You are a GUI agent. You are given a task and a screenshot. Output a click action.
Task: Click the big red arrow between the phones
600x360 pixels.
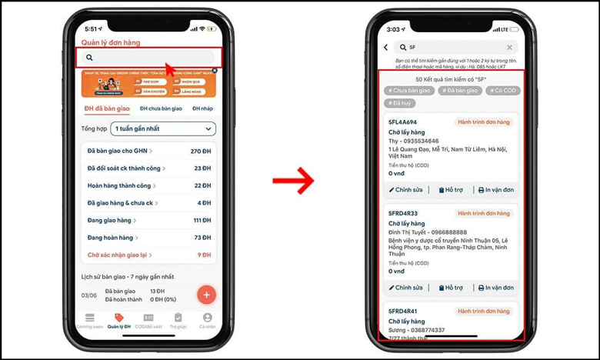[294, 182]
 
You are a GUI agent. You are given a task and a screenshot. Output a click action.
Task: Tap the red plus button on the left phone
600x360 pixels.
[206, 295]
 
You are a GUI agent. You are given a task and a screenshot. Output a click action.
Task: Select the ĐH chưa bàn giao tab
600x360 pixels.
[160, 108]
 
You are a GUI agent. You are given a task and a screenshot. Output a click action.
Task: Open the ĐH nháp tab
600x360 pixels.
[202, 108]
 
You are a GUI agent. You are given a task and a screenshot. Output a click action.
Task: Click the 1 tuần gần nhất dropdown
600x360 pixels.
[163, 128]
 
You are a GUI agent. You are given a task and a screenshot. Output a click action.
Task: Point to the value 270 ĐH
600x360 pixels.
[200, 151]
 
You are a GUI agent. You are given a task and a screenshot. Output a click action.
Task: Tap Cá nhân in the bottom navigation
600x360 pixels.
[207, 321]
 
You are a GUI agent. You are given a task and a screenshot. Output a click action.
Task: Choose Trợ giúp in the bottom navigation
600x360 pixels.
[178, 321]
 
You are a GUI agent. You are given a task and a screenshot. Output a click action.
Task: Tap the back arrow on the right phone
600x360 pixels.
[386, 48]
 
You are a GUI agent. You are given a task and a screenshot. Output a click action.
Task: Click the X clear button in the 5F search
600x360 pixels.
[509, 48]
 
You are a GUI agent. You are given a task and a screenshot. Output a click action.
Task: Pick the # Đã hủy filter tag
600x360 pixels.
[400, 102]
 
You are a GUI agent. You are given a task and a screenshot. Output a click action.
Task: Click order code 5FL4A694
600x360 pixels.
[403, 122]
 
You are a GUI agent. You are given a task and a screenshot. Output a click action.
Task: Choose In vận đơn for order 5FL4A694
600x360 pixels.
[495, 190]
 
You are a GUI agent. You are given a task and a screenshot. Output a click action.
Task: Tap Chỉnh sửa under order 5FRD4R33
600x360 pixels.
[406, 288]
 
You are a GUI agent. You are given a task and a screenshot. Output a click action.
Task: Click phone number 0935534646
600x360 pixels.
[422, 141]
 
